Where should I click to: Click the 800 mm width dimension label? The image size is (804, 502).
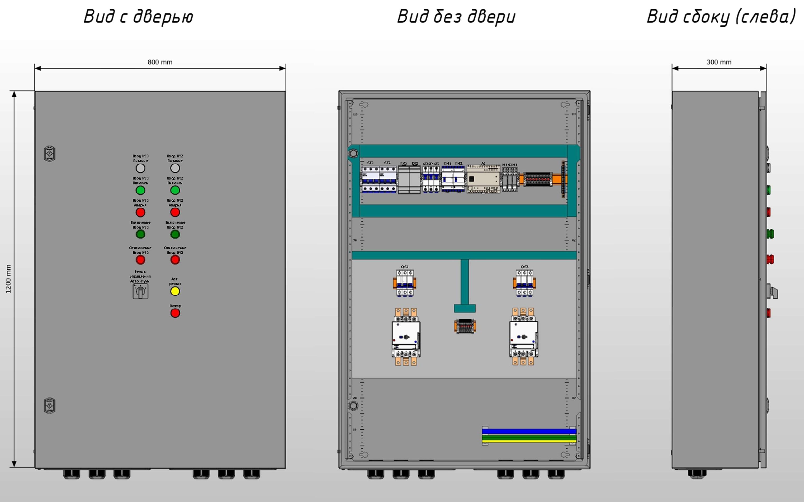pyautogui.click(x=160, y=62)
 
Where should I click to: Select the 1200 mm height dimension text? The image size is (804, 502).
pyautogui.click(x=8, y=279)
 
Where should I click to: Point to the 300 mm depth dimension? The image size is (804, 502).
pyautogui.click(x=719, y=62)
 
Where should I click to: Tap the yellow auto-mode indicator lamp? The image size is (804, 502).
pyautogui.click(x=175, y=291)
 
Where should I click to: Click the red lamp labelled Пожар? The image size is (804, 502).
pyautogui.click(x=175, y=313)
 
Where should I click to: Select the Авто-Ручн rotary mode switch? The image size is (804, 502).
pyautogui.click(x=140, y=291)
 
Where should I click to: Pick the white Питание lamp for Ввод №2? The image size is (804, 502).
pyautogui.click(x=175, y=168)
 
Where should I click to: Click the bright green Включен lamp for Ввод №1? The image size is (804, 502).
pyautogui.click(x=140, y=190)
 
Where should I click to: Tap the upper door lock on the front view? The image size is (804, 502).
pyautogui.click(x=49, y=154)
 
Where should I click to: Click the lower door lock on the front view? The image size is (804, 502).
pyautogui.click(x=49, y=405)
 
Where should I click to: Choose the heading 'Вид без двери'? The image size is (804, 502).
pyautogui.click(x=456, y=17)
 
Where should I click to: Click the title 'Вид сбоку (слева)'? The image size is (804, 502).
pyautogui.click(x=721, y=17)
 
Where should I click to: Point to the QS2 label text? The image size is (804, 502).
pyautogui.click(x=524, y=267)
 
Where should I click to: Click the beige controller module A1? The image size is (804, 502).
pyautogui.click(x=483, y=179)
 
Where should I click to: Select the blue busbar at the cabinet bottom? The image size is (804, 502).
pyautogui.click(x=529, y=431)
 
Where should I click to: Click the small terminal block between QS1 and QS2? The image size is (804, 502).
pyautogui.click(x=465, y=326)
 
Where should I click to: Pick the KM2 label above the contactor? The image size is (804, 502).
pyautogui.click(x=458, y=163)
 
